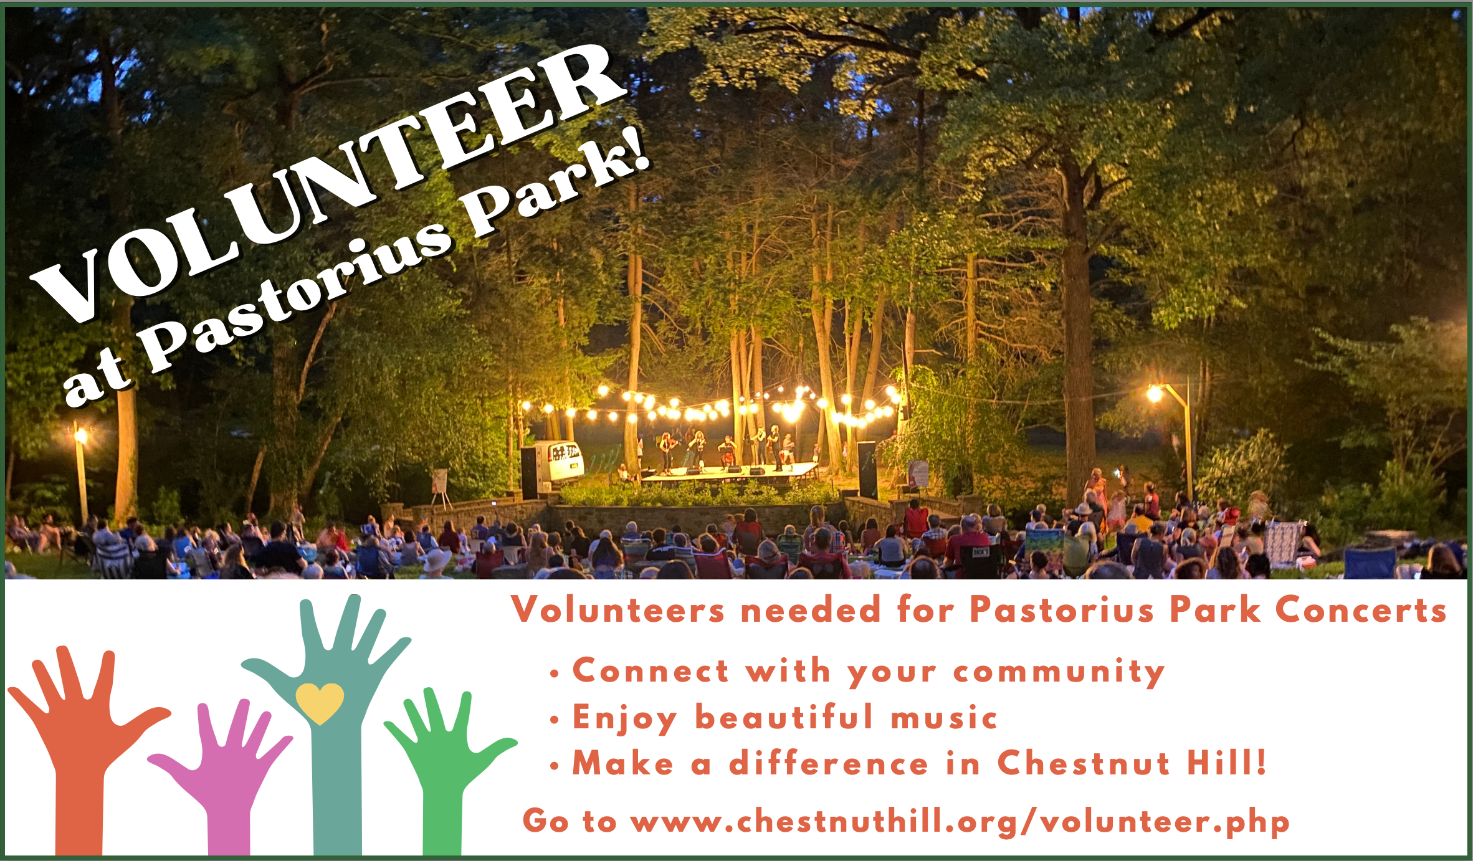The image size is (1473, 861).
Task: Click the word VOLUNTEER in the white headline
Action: (x=327, y=181)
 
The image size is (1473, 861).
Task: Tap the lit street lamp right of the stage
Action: (x=1171, y=436)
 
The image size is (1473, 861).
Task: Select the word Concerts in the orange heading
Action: (x=1361, y=609)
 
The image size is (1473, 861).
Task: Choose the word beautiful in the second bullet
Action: (x=784, y=716)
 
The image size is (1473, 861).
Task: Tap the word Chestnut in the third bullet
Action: (x=1084, y=763)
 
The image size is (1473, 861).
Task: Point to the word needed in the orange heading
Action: (x=810, y=609)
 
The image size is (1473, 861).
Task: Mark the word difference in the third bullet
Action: (x=829, y=763)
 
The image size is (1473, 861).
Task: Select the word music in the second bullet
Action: (x=944, y=718)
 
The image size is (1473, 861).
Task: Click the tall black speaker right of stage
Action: (x=867, y=470)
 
